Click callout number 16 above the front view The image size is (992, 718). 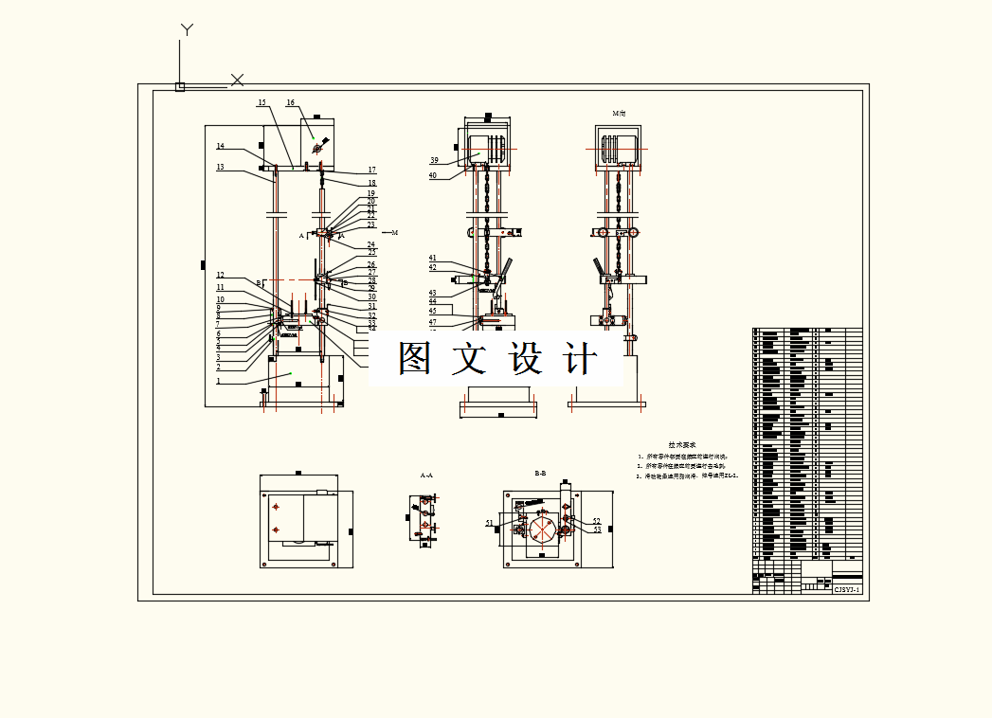point(290,102)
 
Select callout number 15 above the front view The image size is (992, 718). point(262,102)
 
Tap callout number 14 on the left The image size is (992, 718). point(220,146)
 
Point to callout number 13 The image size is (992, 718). point(220,167)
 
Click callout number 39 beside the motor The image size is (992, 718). point(434,160)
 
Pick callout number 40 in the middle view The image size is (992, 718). point(433,175)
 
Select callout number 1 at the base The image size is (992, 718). point(219,381)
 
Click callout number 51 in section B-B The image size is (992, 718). point(490,522)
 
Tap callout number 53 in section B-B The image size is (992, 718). point(597,530)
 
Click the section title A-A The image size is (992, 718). point(426,476)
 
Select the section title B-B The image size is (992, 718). point(540,473)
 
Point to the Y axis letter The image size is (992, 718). point(187,30)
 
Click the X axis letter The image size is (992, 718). point(238,80)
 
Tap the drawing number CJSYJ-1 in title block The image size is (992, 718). point(846,589)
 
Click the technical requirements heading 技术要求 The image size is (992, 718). point(682,444)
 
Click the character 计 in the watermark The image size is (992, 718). point(581,360)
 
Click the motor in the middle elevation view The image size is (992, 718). point(488,147)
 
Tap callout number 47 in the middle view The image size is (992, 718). point(433,322)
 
